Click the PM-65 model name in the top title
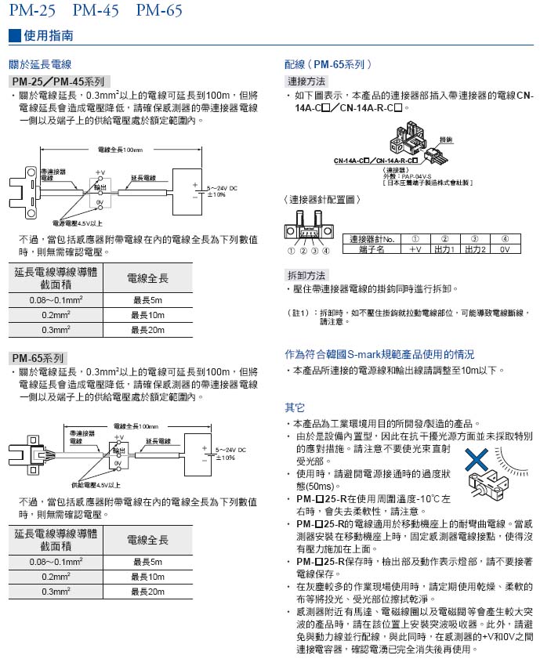click(159, 11)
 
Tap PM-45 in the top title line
click(96, 11)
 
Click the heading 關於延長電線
click(38, 64)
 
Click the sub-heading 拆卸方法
click(306, 275)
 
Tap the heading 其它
click(295, 407)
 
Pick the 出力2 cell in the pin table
click(474, 249)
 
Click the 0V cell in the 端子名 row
click(505, 249)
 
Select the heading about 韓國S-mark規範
click(379, 354)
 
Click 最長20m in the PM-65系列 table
click(147, 592)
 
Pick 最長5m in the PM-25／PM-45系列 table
click(147, 300)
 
